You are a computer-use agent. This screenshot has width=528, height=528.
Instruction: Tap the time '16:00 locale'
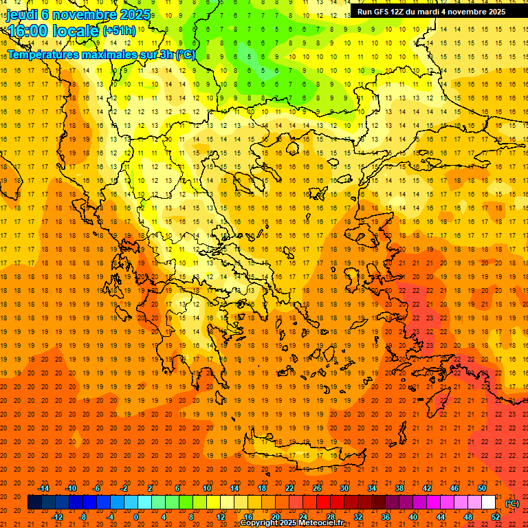point(52,31)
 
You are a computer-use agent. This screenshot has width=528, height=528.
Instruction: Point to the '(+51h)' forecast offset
point(119,31)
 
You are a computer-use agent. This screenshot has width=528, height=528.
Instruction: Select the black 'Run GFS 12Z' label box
point(431,12)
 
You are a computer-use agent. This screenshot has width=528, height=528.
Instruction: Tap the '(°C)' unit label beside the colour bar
point(512,503)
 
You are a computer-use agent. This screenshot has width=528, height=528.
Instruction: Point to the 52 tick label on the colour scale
point(496,517)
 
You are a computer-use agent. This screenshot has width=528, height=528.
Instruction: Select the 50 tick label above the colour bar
point(482,488)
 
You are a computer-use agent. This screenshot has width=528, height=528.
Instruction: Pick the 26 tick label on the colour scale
point(317,488)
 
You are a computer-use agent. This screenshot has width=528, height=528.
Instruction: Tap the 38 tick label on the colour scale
point(399,488)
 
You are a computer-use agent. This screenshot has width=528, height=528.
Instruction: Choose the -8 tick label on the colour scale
point(82,517)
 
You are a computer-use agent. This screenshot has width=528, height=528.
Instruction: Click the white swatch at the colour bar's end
point(489,503)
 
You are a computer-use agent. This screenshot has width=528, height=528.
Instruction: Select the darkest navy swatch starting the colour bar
point(34,503)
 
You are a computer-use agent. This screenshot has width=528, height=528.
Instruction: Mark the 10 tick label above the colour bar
point(207,488)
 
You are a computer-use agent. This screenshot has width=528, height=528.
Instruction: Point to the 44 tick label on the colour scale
point(441,517)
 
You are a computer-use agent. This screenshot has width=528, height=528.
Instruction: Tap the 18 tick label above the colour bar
point(262,488)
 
